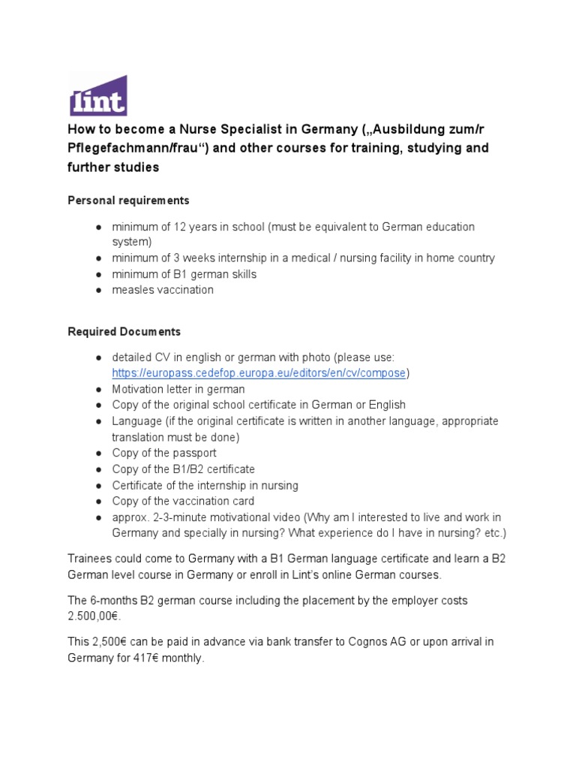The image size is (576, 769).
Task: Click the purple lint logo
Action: (x=97, y=95)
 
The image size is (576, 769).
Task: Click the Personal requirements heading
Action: (x=128, y=201)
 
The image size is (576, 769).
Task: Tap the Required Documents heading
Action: (x=124, y=331)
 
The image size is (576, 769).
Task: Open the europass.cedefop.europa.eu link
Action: (x=259, y=373)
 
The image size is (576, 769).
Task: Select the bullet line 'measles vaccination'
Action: (x=163, y=290)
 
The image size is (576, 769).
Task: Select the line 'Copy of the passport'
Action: (x=164, y=453)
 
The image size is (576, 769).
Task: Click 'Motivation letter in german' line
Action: (x=178, y=389)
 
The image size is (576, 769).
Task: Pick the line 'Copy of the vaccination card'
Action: (x=183, y=501)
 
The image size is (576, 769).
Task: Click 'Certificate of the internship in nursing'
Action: (x=205, y=485)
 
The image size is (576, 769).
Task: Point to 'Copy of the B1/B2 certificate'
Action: (x=184, y=469)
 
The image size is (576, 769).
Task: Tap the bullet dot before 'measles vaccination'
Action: (x=99, y=290)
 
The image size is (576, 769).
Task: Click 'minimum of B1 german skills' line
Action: (x=184, y=274)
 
